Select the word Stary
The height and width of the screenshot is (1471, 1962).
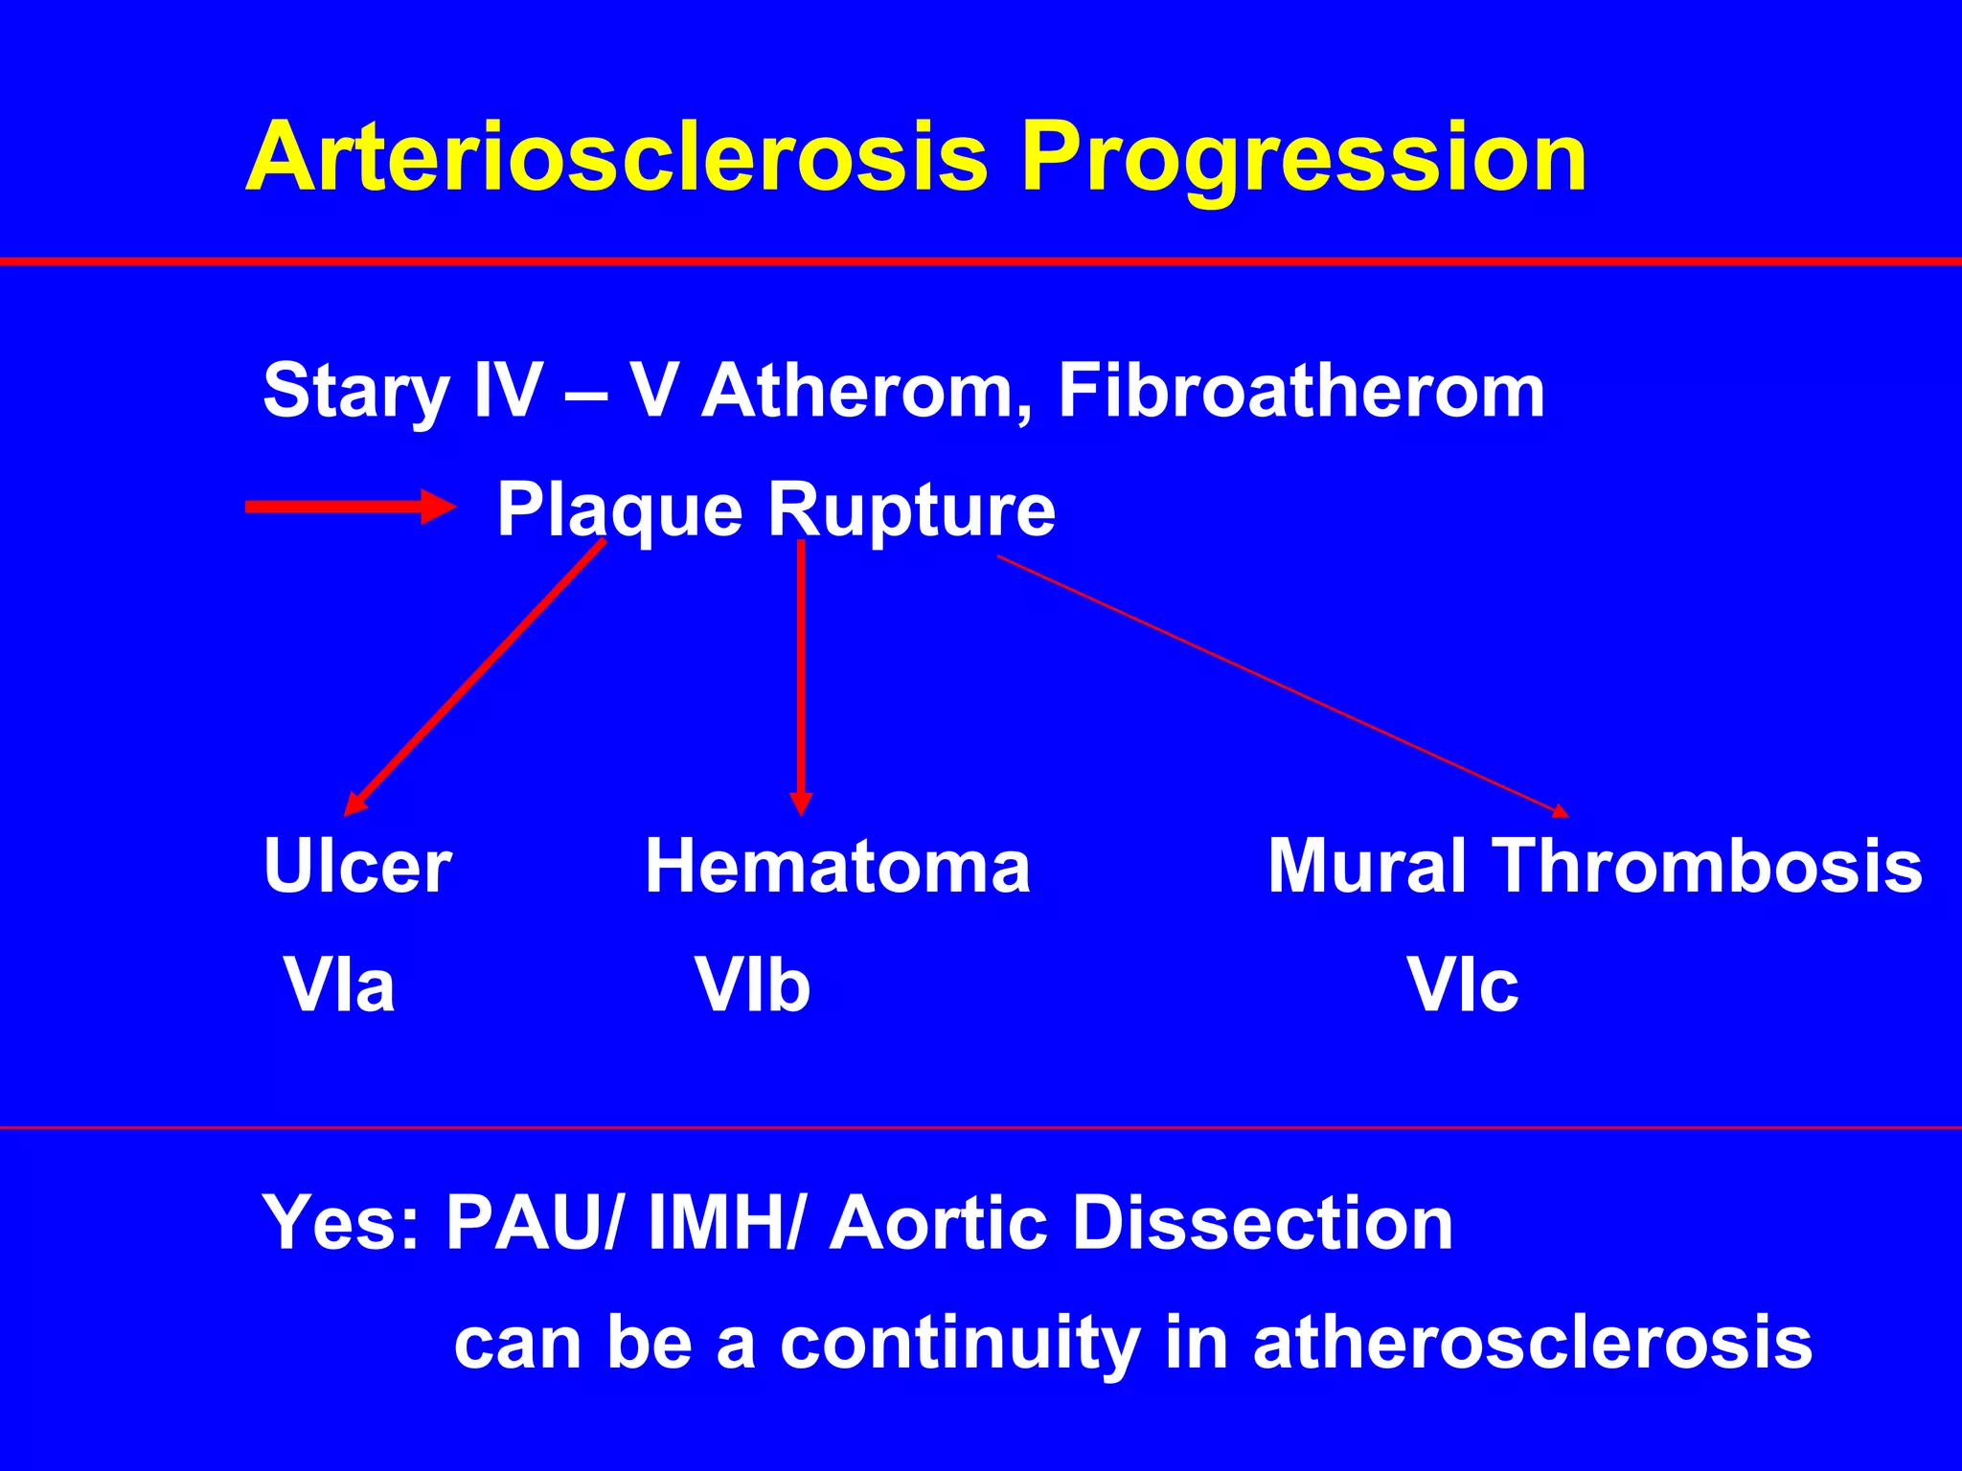355,391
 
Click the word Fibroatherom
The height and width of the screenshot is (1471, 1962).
1301,391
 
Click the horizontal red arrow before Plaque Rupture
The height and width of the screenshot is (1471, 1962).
351,507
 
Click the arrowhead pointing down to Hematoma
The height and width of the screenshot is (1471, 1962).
801,803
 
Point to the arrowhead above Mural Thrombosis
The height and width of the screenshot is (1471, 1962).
1559,811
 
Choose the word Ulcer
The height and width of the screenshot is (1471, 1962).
357,867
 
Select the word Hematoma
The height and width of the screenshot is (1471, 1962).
837,867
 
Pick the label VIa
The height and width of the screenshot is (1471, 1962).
339,985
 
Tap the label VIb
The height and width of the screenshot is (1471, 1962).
753,985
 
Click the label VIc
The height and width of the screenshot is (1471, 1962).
1463,985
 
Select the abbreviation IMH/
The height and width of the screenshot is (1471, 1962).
724,1223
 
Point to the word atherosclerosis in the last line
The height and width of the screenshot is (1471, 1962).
1532,1342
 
